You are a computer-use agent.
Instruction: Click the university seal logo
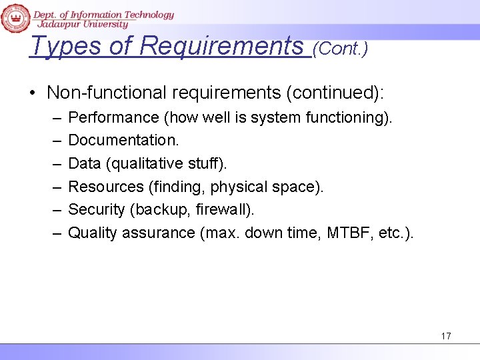[15, 17]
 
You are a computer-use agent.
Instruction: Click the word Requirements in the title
[222, 46]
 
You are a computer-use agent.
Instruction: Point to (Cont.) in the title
[340, 49]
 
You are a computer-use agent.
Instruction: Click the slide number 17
[446, 336]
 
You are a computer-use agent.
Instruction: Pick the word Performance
[113, 118]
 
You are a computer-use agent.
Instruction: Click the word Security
[97, 209]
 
